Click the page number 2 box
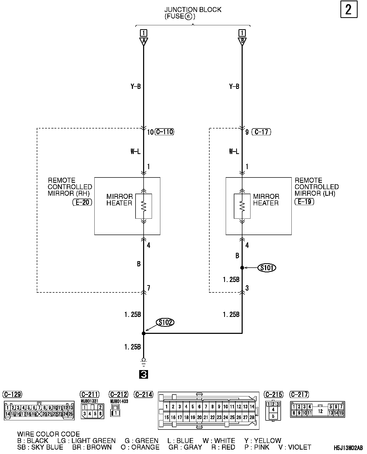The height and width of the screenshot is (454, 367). coord(349,10)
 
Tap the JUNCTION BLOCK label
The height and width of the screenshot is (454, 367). coord(193,10)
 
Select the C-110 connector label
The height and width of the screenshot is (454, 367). coord(164,132)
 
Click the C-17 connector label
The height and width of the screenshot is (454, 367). coord(261,132)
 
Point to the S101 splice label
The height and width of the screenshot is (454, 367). coord(267,268)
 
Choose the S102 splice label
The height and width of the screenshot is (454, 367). coord(165,322)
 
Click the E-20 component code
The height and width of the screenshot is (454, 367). coord(82,202)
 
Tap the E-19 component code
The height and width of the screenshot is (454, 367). coord(304,201)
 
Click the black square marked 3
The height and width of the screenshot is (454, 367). coord(144,375)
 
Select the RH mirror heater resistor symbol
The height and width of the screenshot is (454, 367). coord(144,206)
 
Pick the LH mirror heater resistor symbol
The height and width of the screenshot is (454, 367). coord(242,206)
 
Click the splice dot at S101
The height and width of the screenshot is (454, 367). coord(242,268)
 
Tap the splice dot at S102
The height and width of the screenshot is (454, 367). coord(144,333)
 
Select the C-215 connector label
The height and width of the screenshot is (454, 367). coord(273,394)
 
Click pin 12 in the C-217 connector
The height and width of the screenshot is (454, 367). coord(320,411)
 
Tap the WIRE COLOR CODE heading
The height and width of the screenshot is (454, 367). coord(48,434)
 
